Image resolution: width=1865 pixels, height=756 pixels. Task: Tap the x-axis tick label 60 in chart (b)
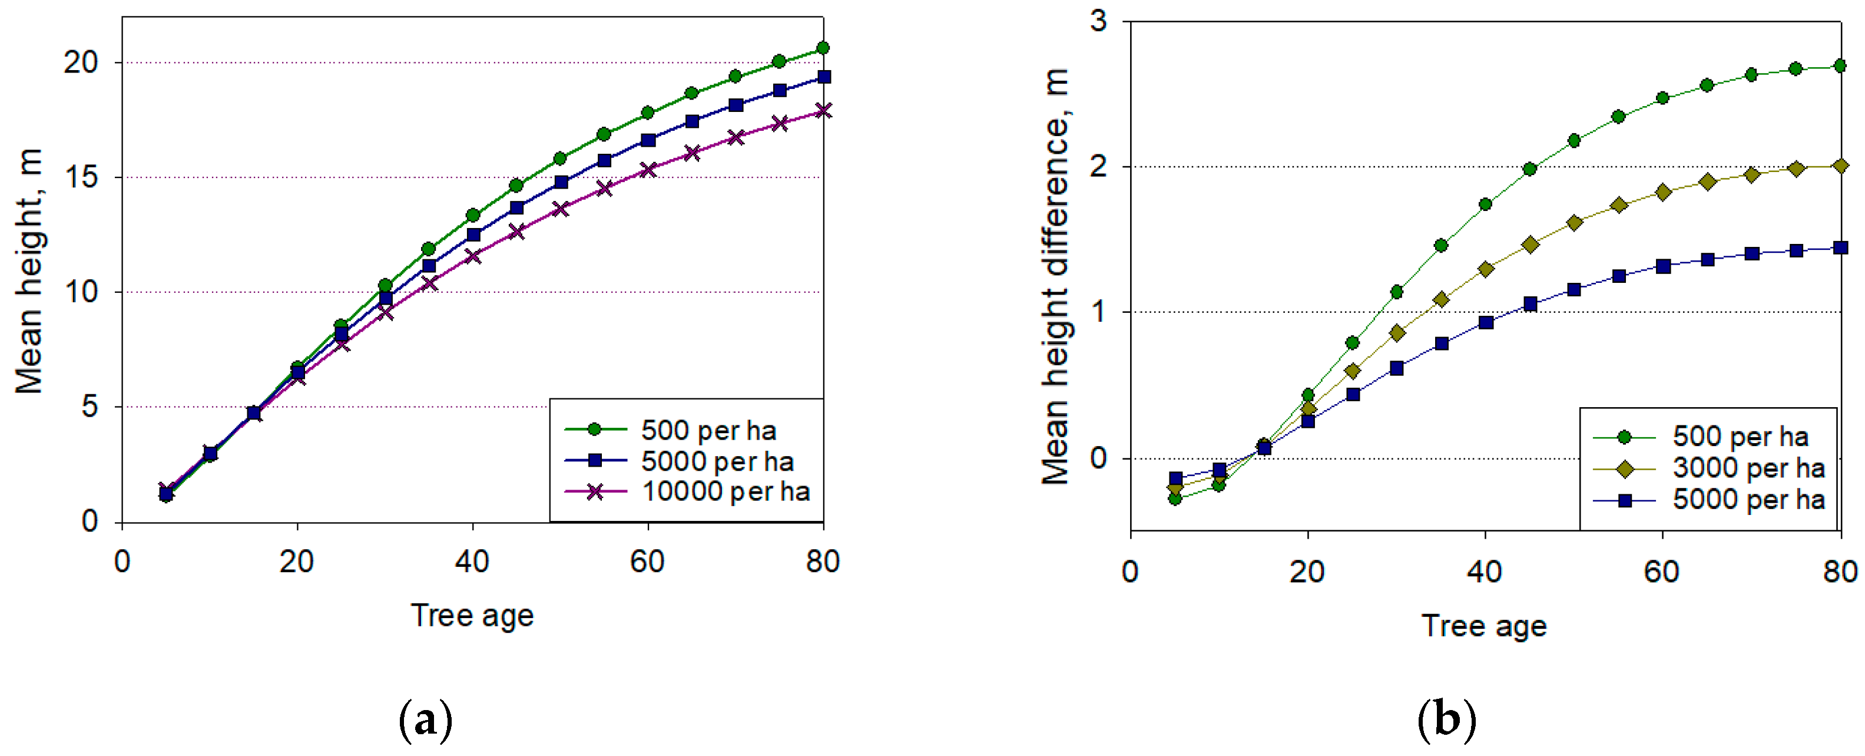click(1662, 572)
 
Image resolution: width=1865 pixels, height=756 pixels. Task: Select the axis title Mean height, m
click(29, 271)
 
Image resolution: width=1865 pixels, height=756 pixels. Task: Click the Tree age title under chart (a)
click(472, 616)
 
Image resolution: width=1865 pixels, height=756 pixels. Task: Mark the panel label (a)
click(426, 720)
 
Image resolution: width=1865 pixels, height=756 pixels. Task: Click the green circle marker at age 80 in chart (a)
click(823, 48)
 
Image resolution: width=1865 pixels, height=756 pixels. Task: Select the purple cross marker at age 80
click(823, 110)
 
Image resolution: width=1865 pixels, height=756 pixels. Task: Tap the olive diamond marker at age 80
click(1840, 166)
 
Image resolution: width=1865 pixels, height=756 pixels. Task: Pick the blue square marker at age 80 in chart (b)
click(1840, 247)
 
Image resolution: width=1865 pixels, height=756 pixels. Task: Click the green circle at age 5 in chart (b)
click(1175, 499)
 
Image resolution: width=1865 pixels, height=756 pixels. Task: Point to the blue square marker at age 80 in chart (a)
click(823, 77)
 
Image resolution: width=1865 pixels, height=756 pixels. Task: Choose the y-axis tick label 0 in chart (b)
click(1098, 458)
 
